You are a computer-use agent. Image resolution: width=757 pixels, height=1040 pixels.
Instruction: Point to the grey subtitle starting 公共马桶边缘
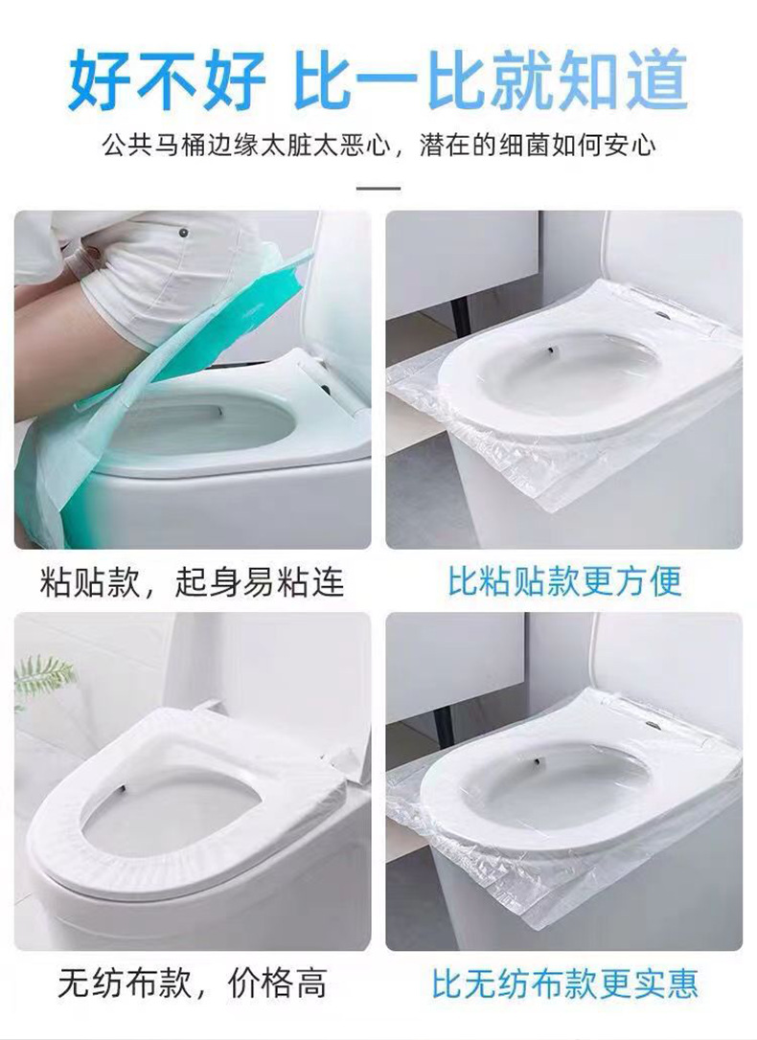[249, 146]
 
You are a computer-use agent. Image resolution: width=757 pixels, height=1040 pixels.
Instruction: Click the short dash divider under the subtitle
[378, 188]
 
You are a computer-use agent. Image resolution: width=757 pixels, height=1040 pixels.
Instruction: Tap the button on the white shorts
[182, 232]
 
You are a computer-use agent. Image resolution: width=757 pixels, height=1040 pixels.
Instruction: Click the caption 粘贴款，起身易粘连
[192, 581]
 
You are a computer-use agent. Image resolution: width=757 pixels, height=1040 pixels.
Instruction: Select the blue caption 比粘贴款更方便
[564, 581]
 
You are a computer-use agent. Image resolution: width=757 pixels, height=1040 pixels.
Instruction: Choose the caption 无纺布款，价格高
[192, 983]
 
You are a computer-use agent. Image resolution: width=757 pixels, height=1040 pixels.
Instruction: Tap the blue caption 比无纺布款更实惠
[564, 983]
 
